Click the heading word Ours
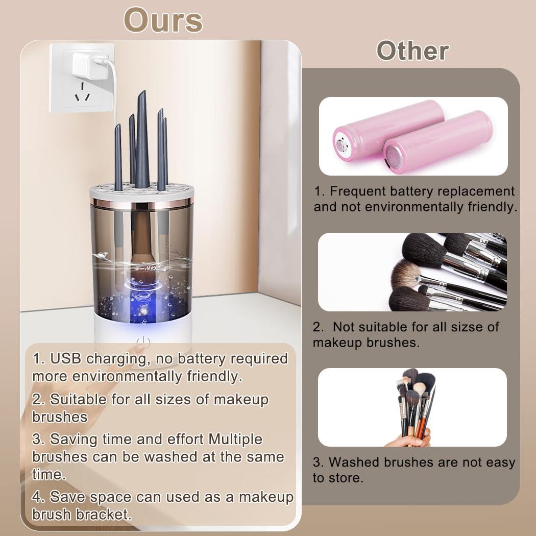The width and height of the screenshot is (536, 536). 163,20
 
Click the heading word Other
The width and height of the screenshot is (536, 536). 412,51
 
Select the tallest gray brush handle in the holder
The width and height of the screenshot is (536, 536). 141,138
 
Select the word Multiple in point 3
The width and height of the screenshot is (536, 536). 235,439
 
